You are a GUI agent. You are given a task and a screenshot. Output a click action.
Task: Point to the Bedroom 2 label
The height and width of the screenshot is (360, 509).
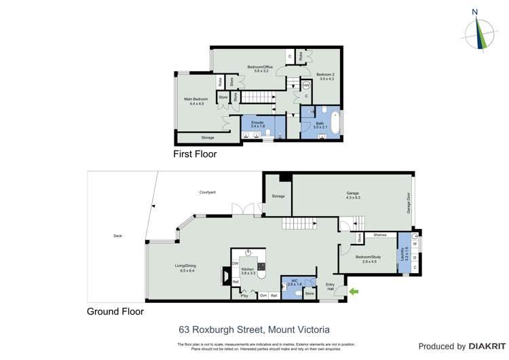coord(325,76)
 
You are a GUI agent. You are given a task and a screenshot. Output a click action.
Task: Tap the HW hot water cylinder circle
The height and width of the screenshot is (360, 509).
coord(306,85)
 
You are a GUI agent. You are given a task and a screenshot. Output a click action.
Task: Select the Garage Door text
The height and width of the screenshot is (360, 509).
coord(409,203)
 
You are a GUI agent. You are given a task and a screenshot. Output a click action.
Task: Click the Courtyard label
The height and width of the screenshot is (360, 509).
coord(207,192)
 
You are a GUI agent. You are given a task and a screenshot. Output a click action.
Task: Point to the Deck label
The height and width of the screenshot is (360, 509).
coord(117,236)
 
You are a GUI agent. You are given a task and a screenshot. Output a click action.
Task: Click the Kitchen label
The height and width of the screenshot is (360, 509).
coord(248,270)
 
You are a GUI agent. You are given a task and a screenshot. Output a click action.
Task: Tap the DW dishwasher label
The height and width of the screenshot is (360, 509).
coord(235,264)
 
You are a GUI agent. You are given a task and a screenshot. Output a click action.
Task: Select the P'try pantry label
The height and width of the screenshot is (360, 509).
coord(244,295)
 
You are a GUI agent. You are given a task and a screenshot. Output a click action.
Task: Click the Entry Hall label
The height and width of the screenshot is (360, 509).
coord(331,287)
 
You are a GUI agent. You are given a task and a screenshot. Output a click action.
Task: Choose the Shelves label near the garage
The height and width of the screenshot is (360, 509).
coord(380,235)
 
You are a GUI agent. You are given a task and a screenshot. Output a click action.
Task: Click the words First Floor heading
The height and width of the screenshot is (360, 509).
coord(195,154)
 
